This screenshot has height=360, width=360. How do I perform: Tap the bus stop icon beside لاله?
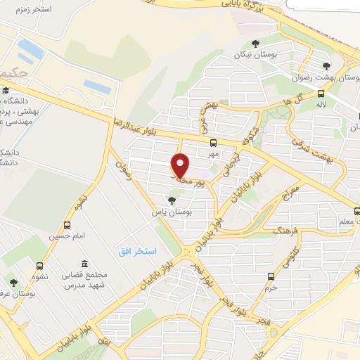(321, 93)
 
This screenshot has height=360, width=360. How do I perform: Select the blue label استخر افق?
(136, 251)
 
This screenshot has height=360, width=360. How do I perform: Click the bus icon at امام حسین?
(67, 225)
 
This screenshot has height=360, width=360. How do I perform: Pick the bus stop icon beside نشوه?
(39, 266)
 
